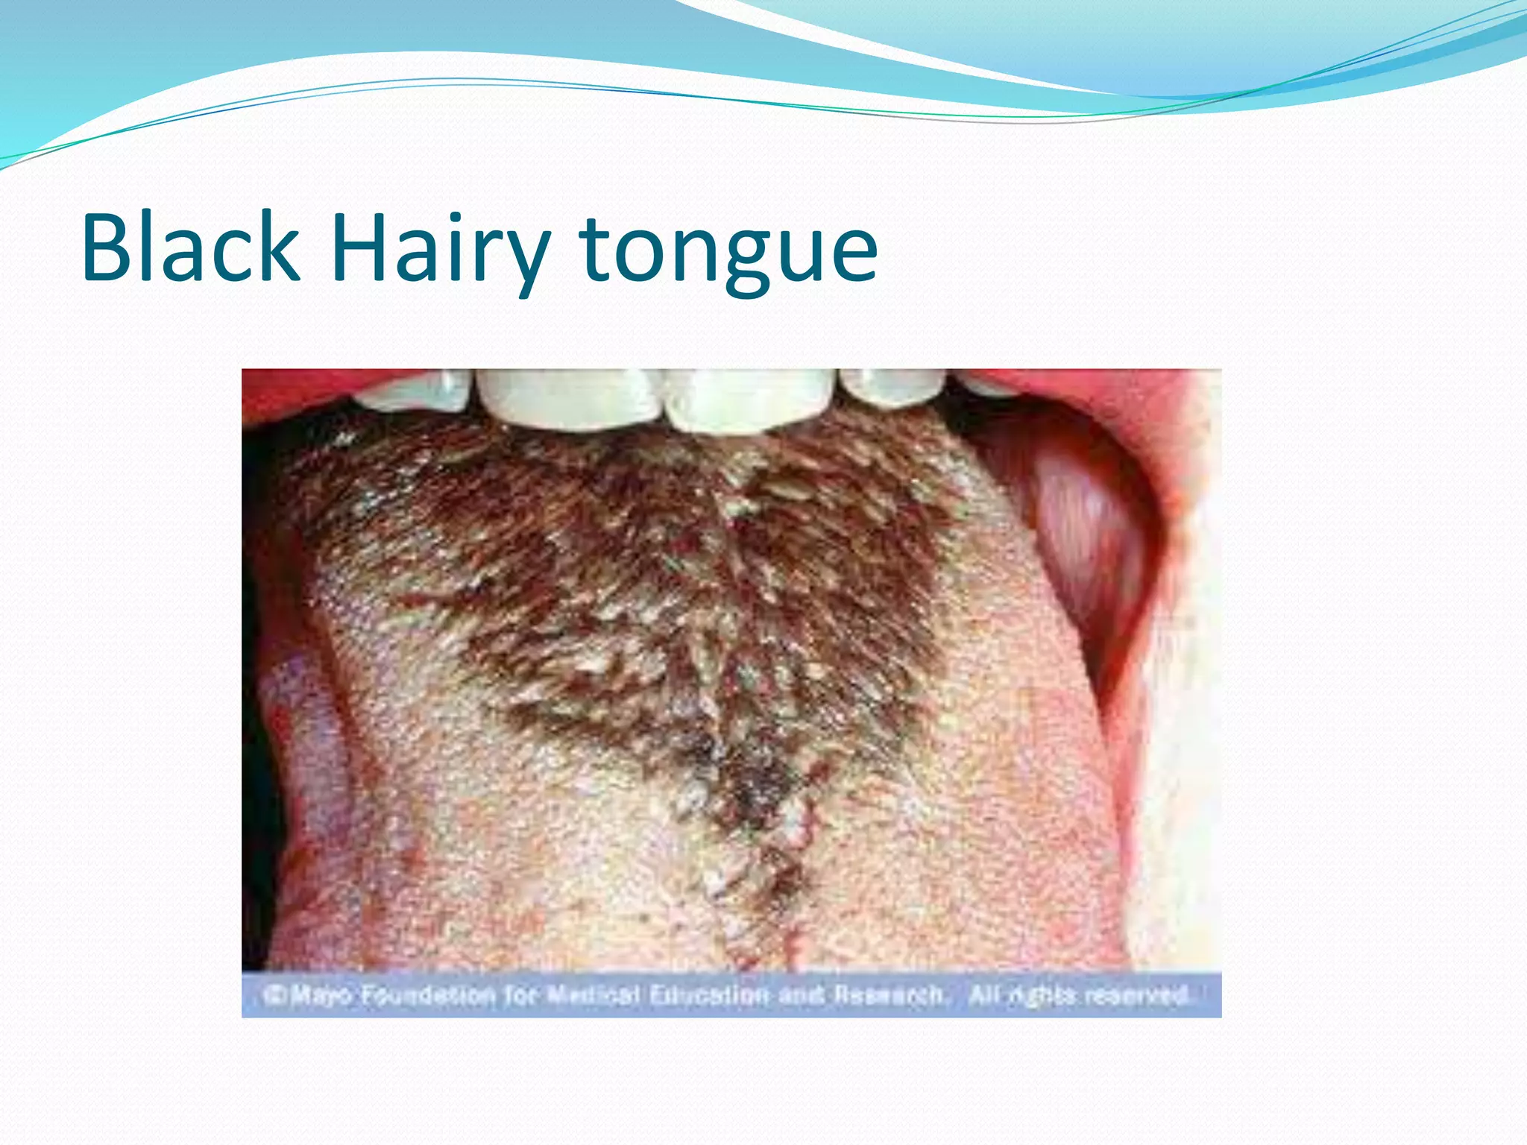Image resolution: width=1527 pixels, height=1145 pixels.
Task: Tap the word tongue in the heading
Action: tap(728, 253)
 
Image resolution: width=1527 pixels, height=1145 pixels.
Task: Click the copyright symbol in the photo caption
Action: tap(274, 994)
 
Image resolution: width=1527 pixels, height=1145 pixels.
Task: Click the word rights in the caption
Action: tap(1040, 995)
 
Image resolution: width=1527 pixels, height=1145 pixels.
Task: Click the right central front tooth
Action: tap(748, 399)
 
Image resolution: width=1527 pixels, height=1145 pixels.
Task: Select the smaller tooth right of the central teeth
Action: tap(892, 385)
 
